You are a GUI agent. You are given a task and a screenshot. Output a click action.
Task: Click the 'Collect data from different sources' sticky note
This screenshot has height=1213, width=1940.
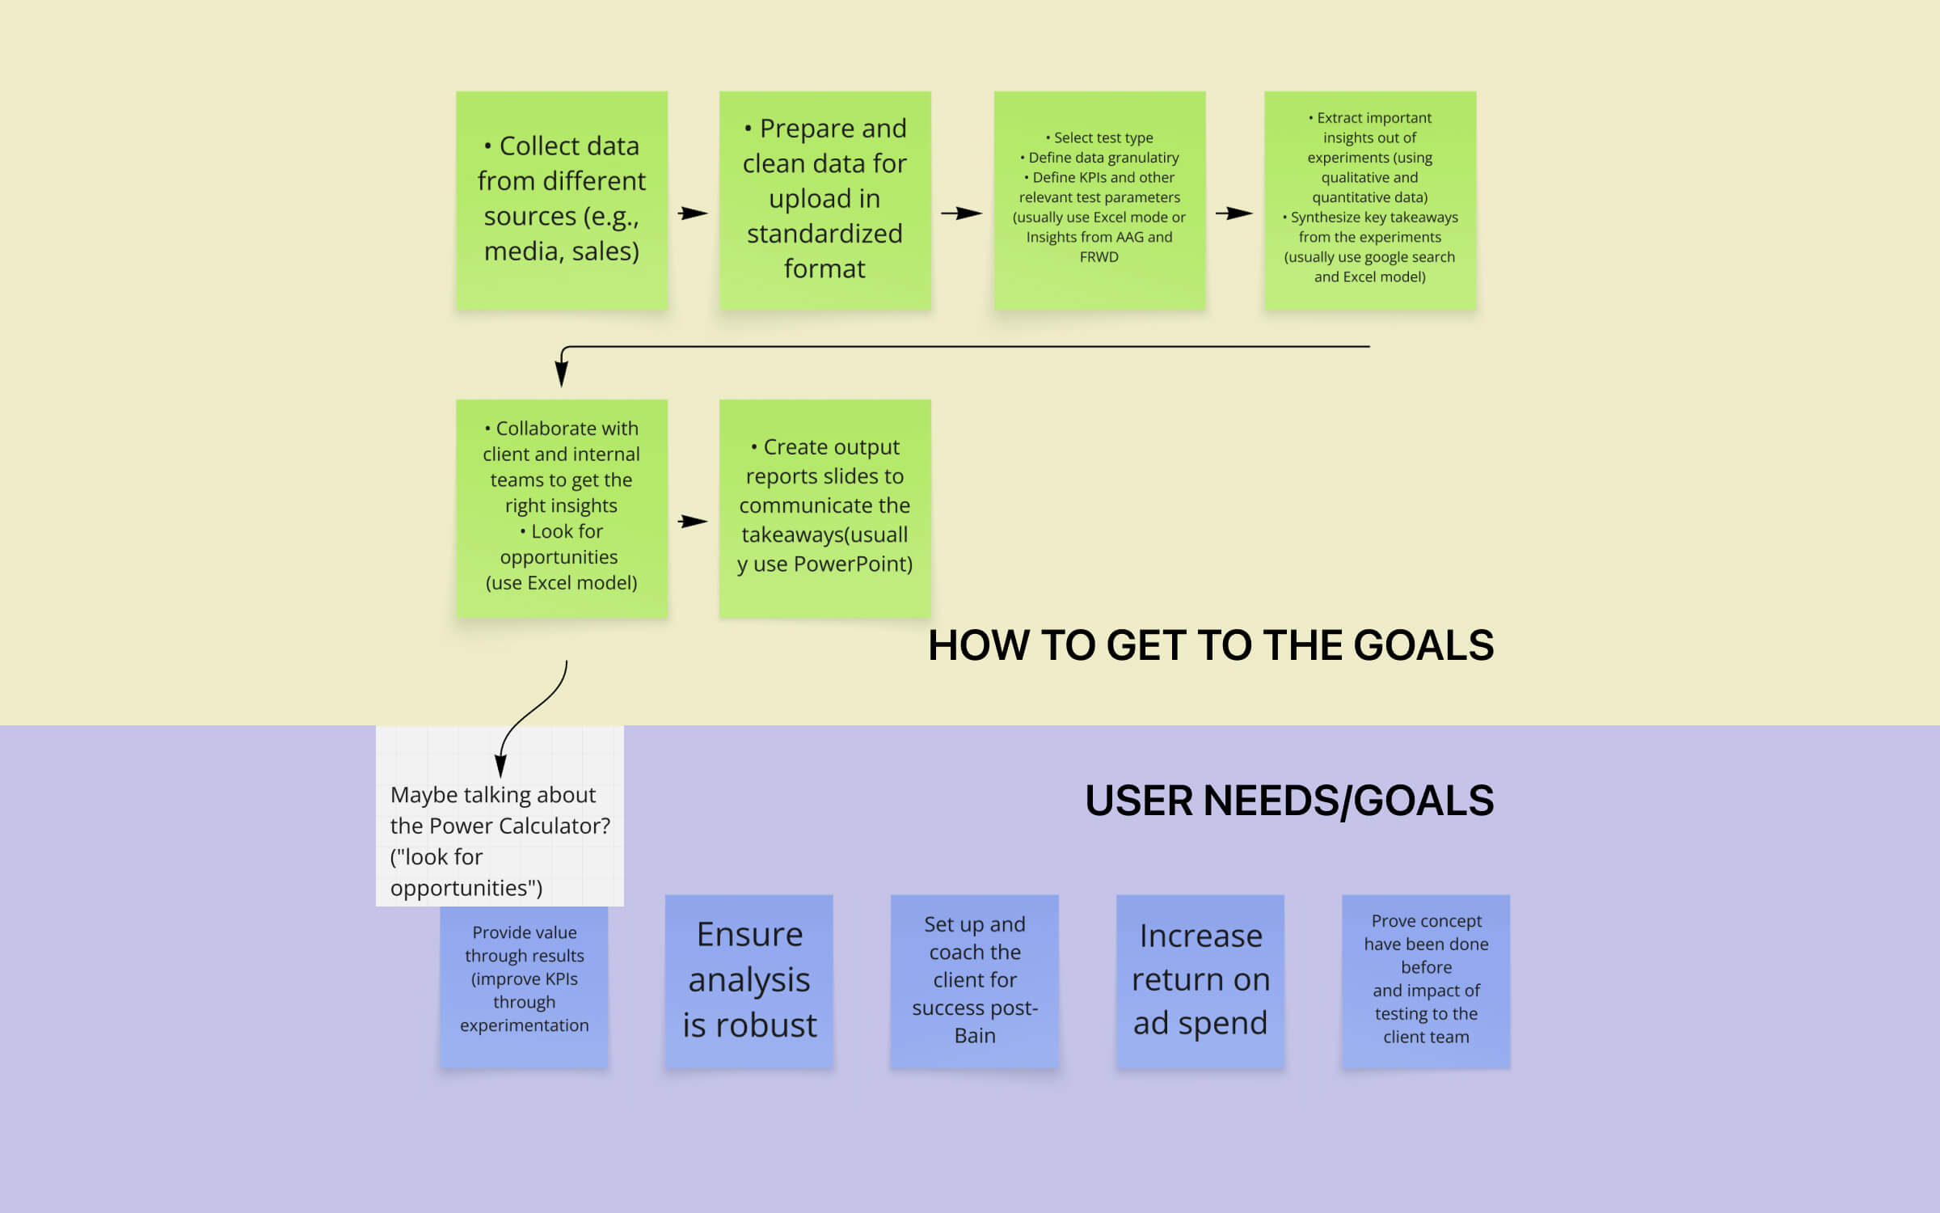point(562,200)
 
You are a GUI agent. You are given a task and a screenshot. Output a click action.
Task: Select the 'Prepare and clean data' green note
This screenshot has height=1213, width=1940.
point(824,200)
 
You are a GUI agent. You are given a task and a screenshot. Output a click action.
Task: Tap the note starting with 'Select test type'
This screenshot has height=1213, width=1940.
point(1099,200)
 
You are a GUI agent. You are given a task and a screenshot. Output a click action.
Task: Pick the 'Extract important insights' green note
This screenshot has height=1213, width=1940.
point(1370,200)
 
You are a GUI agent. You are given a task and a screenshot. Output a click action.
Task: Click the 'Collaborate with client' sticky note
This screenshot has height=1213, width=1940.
point(562,508)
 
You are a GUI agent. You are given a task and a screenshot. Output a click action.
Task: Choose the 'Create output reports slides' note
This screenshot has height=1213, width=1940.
point(824,508)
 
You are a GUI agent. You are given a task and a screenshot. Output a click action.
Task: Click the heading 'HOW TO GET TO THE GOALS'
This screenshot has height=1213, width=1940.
point(1210,645)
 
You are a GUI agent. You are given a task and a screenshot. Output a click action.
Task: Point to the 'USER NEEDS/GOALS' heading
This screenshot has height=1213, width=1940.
point(1288,801)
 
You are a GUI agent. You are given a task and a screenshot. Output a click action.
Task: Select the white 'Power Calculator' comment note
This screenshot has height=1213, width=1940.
point(500,840)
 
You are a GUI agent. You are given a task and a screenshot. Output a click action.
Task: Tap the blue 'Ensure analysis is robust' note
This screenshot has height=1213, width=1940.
point(749,980)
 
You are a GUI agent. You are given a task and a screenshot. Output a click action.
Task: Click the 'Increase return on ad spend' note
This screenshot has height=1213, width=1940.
point(1200,980)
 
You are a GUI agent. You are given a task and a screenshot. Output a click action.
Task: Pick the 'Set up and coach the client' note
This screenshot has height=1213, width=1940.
point(975,980)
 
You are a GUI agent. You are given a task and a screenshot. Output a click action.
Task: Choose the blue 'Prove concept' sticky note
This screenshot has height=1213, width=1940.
point(1426,980)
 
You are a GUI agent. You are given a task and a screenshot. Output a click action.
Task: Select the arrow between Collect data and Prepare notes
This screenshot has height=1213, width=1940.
point(693,213)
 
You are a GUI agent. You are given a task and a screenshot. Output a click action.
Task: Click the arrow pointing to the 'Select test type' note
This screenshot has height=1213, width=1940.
point(961,213)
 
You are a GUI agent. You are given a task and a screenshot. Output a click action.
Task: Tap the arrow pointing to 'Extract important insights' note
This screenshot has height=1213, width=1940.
point(1234,213)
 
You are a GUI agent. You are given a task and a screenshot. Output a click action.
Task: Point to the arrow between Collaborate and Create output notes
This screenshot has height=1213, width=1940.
point(693,522)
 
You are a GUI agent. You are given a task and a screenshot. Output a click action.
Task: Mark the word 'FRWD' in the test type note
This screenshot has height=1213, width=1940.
point(1099,257)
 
